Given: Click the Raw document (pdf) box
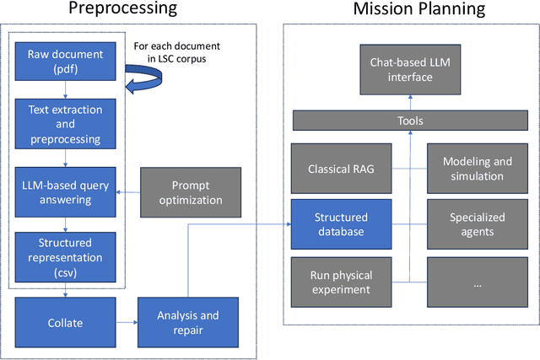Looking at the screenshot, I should [65, 62].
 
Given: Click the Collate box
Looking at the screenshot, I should [65, 323].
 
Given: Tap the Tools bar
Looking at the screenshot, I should [410, 121].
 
